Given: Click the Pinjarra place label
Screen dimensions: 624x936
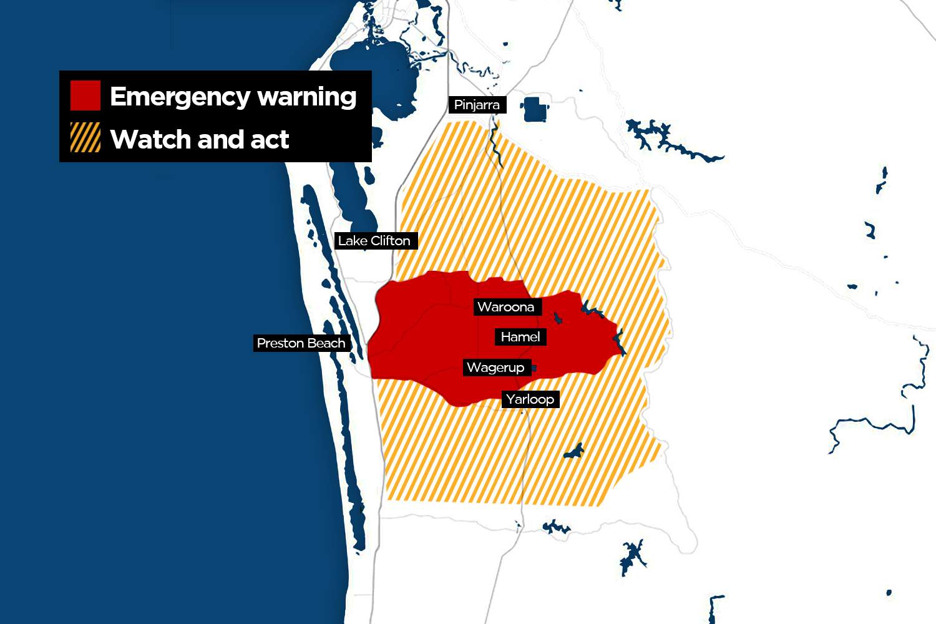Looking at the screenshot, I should coord(477,105).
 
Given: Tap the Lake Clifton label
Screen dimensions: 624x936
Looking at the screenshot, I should coord(374,241).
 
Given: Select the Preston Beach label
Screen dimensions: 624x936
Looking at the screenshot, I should coord(301,343).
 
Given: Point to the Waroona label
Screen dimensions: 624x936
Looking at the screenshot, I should coord(505,307).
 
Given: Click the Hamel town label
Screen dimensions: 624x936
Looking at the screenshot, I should coord(520,337).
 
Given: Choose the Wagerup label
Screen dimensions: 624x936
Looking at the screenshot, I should coord(495,368).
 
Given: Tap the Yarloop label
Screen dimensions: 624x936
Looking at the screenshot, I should coord(530,399).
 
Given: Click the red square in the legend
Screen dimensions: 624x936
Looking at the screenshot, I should coord(85,95).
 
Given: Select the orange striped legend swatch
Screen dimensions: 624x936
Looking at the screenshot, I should coord(85,138).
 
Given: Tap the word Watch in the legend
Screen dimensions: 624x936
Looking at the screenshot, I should coord(150,140).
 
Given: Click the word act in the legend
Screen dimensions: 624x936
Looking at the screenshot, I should coord(270,140).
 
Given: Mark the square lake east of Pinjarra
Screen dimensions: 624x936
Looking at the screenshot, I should coord(535,109).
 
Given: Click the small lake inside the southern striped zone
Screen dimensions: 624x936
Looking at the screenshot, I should coord(573,451).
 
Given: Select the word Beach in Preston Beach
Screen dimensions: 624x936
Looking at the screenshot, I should coord(326,343).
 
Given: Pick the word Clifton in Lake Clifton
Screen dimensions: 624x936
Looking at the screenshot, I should coord(391,241).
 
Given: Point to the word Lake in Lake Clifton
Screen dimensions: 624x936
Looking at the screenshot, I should coord(353,241).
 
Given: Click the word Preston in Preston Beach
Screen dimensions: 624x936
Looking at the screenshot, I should coord(280,343).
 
